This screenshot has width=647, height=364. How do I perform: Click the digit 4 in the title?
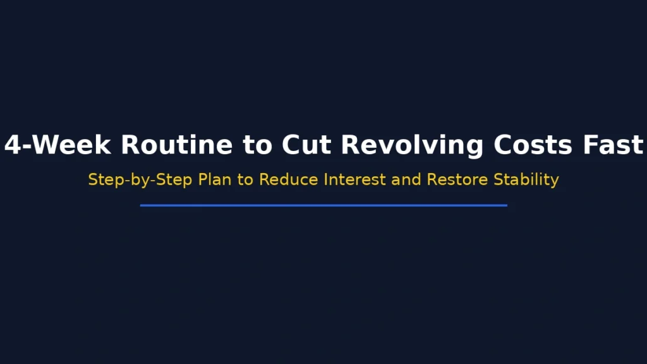pyautogui.click(x=13, y=145)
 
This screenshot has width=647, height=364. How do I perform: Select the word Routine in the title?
pyautogui.click(x=176, y=145)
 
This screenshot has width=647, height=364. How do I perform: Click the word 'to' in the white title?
pyautogui.click(x=257, y=145)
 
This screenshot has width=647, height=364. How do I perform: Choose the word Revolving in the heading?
pyautogui.click(x=414, y=145)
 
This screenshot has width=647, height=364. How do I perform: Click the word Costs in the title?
pyautogui.click(x=533, y=145)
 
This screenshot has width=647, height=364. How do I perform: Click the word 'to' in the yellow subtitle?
pyautogui.click(x=246, y=179)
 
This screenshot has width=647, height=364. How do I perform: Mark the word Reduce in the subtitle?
pyautogui.click(x=289, y=179)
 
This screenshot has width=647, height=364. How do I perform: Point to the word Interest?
pyautogui.click(x=354, y=179)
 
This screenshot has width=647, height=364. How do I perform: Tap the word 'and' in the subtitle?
pyautogui.click(x=406, y=179)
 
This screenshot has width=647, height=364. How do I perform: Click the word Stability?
pyautogui.click(x=526, y=179)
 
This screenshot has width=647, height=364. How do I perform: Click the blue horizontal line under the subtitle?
pyautogui.click(x=323, y=205)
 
